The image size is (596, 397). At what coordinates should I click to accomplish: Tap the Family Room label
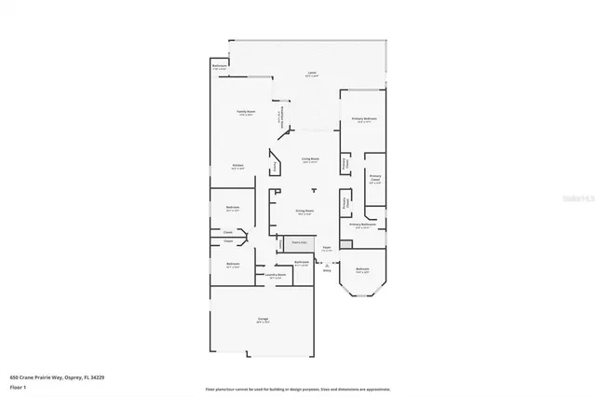click(244, 112)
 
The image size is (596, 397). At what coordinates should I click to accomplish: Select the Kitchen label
click(238, 166)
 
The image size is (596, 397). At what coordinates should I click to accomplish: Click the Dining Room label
click(304, 212)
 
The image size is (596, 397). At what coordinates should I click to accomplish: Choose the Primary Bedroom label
click(363, 119)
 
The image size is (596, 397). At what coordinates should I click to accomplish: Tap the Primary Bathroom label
click(362, 226)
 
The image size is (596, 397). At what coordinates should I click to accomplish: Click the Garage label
click(264, 320)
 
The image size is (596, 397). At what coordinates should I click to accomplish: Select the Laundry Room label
click(275, 275)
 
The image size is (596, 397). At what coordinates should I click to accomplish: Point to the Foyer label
click(326, 249)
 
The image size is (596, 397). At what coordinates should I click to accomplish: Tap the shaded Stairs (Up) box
click(300, 242)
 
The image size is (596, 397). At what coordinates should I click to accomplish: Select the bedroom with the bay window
click(363, 272)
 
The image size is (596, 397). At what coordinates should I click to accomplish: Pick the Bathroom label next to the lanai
click(220, 66)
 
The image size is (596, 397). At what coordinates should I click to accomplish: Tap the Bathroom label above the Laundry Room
click(302, 262)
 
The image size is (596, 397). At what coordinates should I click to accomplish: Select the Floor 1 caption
click(18, 387)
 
